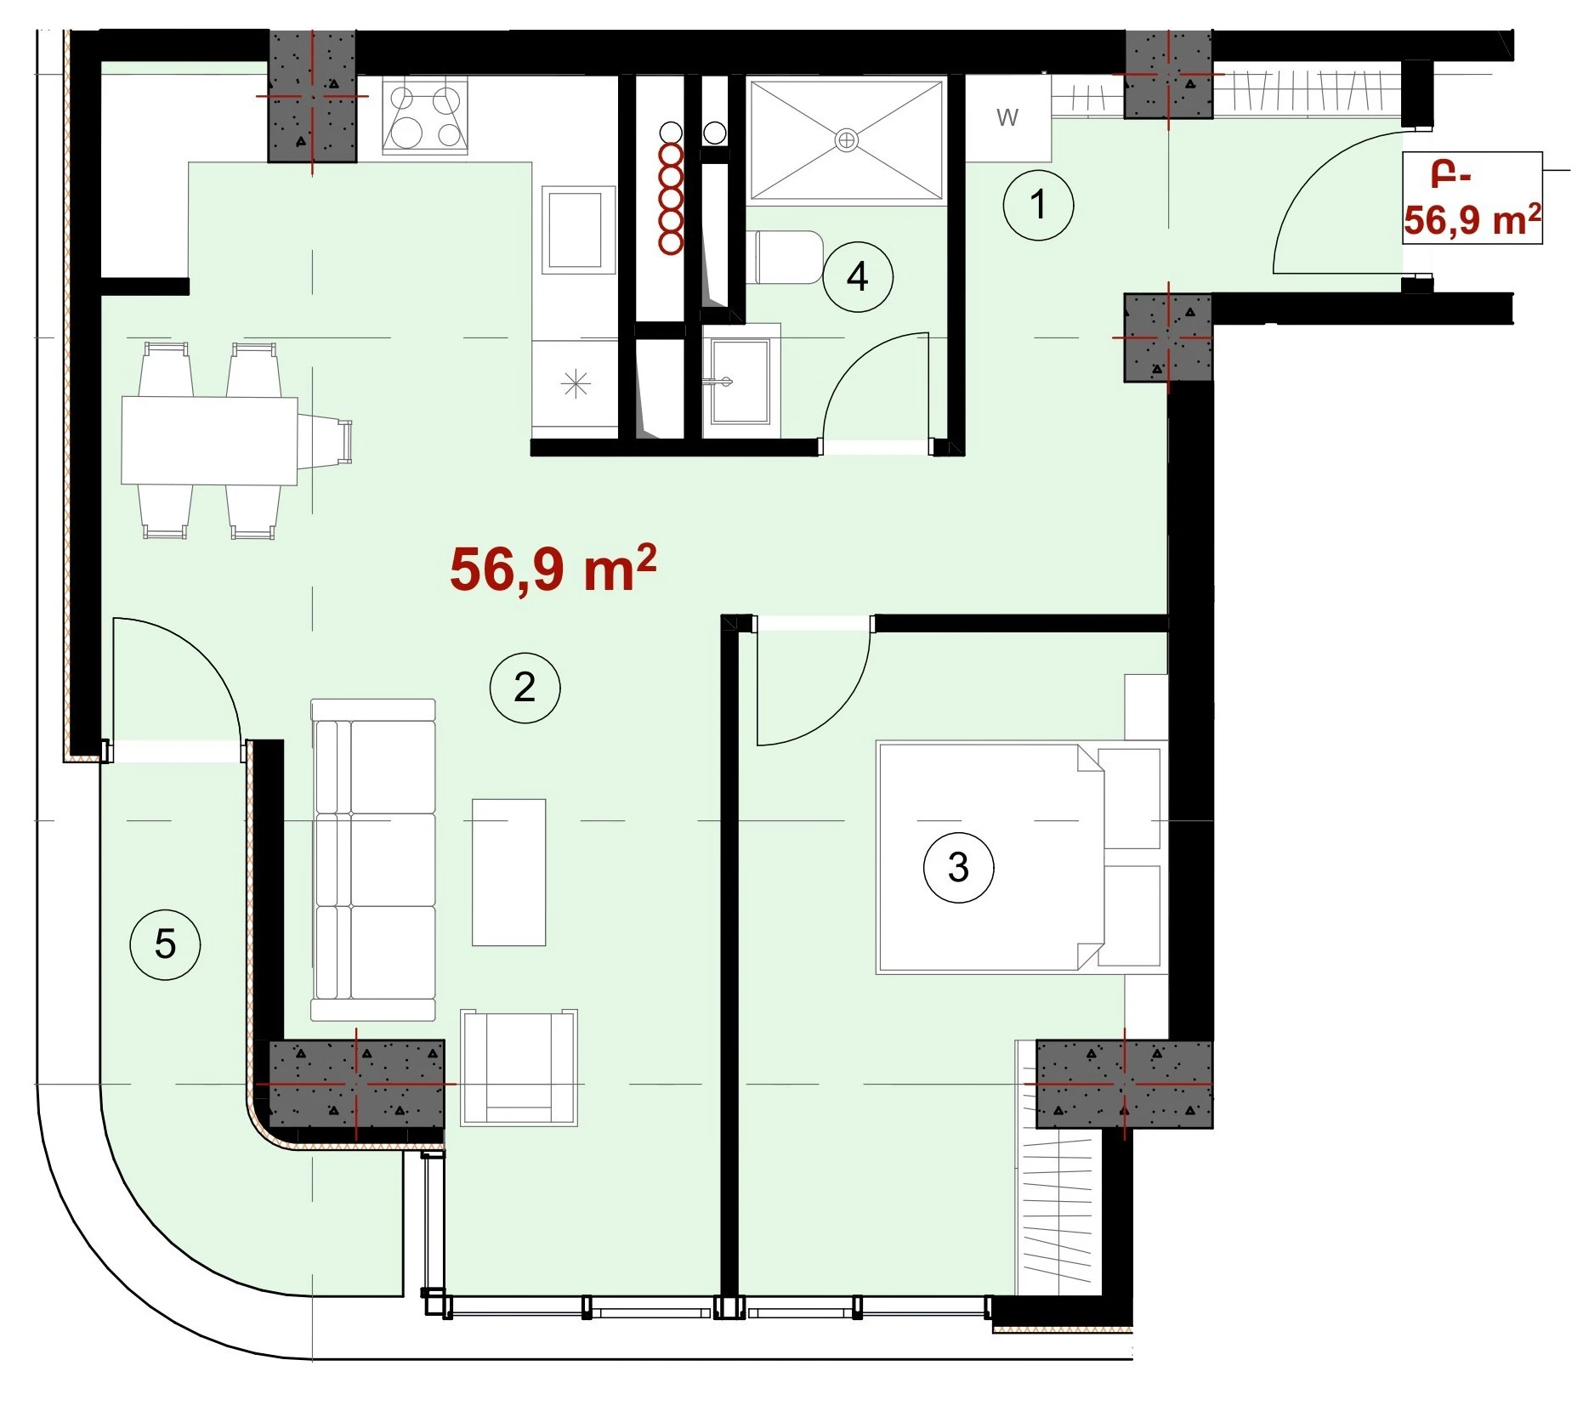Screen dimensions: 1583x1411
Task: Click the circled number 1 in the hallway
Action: click(1038, 205)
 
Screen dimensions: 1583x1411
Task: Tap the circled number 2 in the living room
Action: click(525, 687)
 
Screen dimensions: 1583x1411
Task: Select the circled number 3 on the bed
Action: click(958, 867)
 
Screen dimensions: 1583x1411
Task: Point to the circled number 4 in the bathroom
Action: click(857, 276)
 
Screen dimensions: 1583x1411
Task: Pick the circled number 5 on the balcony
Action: click(165, 943)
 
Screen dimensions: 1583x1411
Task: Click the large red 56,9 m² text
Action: click(553, 568)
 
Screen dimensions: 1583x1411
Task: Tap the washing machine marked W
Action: click(1008, 117)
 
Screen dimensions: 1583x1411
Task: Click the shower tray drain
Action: click(846, 140)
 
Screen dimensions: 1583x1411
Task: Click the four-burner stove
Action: click(425, 116)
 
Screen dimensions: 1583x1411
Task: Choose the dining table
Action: click(209, 440)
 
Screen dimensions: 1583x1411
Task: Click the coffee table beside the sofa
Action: click(508, 872)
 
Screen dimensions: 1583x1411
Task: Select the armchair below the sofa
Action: click(519, 1068)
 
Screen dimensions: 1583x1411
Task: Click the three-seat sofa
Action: click(373, 859)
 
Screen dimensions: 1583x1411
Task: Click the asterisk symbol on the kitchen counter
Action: click(576, 385)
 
